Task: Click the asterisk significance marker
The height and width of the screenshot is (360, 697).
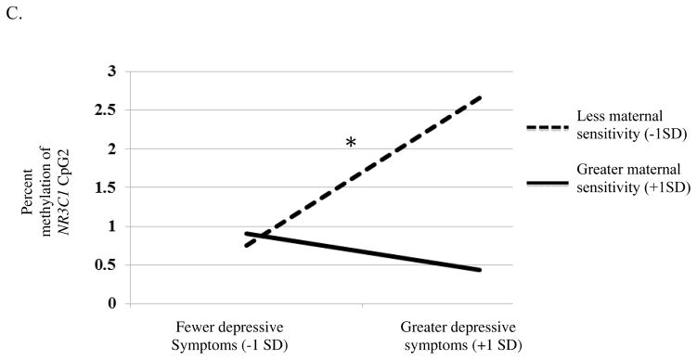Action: click(351, 143)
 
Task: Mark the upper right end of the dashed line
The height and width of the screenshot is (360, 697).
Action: click(480, 96)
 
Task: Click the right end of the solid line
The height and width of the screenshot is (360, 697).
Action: click(480, 270)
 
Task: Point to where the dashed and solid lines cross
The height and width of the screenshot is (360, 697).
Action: click(259, 236)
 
